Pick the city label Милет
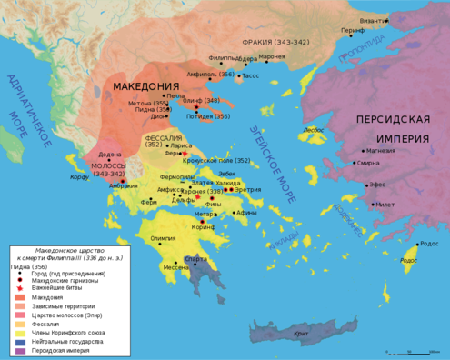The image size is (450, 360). (x=385, y=205)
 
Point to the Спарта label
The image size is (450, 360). (x=195, y=258)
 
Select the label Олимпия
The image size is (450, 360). (x=163, y=238)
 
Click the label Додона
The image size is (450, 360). (x=109, y=155)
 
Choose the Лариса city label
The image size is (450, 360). (x=182, y=145)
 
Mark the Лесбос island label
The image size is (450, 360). (x=314, y=130)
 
